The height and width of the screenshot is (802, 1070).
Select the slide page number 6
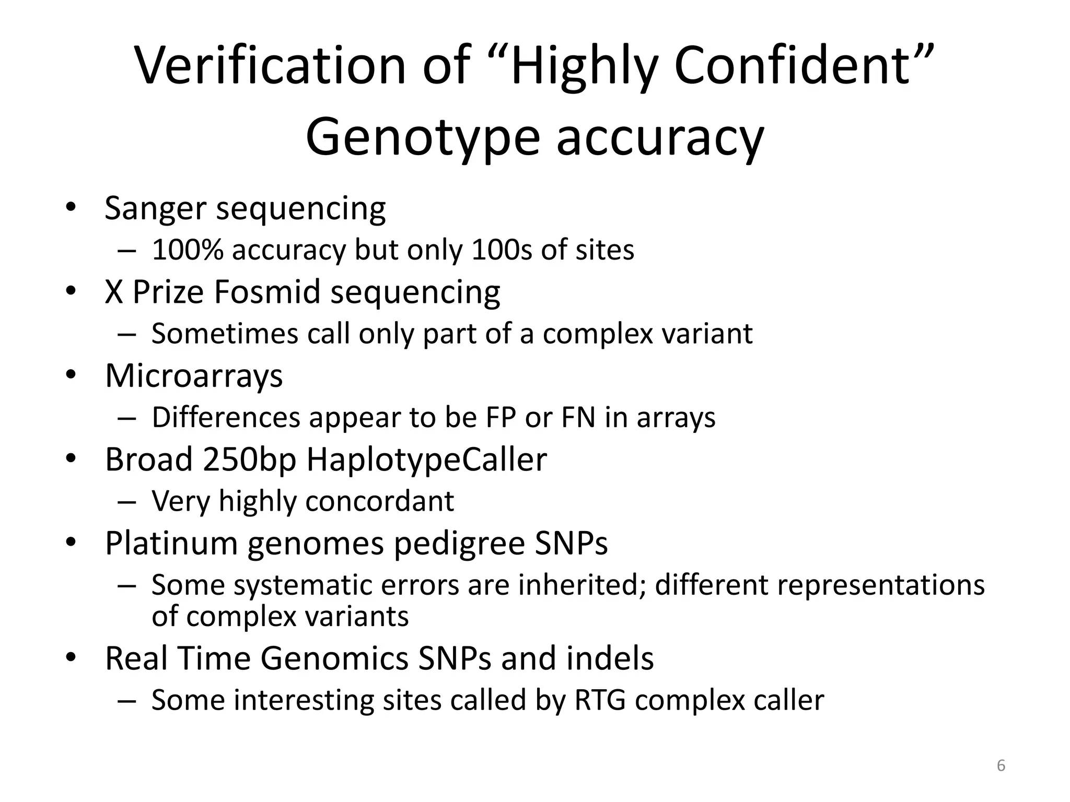click(x=1001, y=765)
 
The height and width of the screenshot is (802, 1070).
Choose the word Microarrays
click(x=194, y=375)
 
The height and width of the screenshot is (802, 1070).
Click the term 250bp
click(x=249, y=459)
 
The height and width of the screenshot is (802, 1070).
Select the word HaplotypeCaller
click(x=426, y=459)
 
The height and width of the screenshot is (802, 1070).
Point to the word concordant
click(x=379, y=501)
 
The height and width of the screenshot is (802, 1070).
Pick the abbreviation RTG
click(x=600, y=700)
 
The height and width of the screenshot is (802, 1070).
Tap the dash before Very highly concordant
click(x=127, y=502)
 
